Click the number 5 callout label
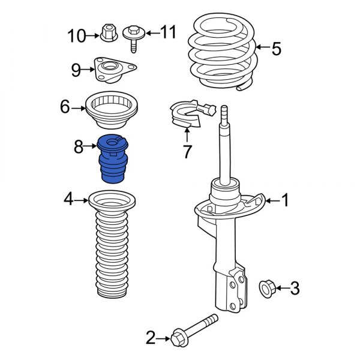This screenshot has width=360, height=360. coord(275,49)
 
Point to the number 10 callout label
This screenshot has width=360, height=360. coord(77,36)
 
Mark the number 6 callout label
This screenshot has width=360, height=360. coord(65,108)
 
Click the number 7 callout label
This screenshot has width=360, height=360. coord(187,152)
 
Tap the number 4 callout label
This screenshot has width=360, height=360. coord(69,199)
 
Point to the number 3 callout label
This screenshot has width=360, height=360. coord(294,289)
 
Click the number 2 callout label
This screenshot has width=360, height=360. coord(151,338)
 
